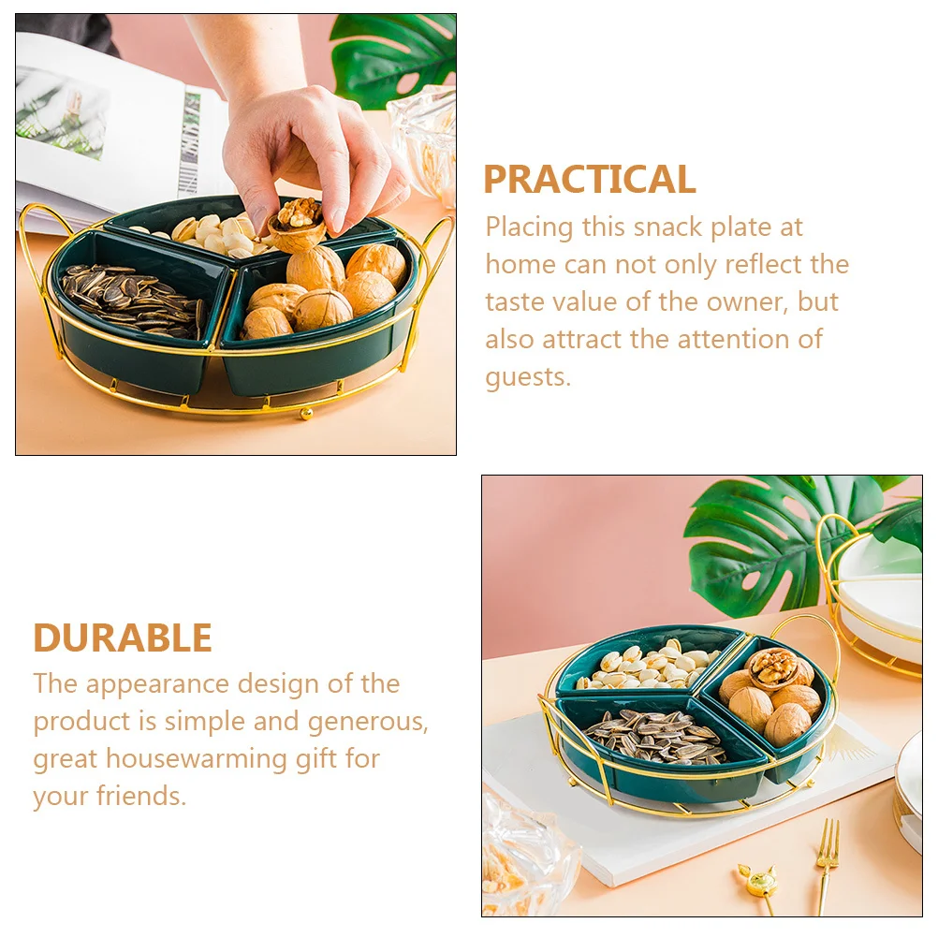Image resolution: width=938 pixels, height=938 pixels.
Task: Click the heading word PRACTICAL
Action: click(x=589, y=180)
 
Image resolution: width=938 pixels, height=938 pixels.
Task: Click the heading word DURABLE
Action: click(x=123, y=638)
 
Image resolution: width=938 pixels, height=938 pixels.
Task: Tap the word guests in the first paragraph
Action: click(x=527, y=377)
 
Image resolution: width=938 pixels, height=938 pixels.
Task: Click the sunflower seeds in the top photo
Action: click(x=131, y=300)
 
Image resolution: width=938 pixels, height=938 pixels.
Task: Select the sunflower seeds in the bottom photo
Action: click(x=655, y=735)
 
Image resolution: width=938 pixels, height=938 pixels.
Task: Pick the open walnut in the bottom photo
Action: click(x=774, y=668)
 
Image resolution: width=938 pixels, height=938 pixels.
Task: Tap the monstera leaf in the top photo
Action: click(x=393, y=56)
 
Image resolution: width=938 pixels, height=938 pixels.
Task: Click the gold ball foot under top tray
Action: click(x=305, y=415)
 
